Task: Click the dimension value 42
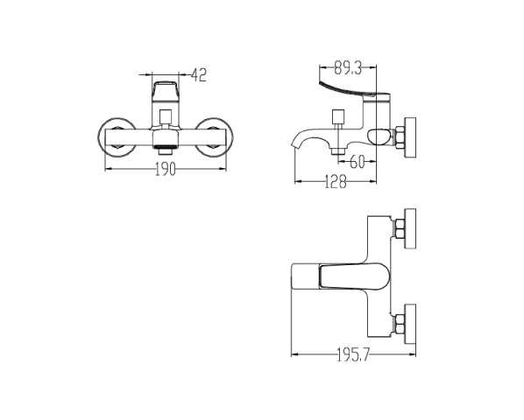[199, 74]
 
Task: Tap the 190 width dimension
[166, 169]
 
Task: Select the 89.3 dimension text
[348, 67]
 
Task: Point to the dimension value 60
[357, 162]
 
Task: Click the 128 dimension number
[336, 181]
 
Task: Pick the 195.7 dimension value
[353, 354]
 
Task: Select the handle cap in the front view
[166, 91]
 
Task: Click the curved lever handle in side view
[354, 91]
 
